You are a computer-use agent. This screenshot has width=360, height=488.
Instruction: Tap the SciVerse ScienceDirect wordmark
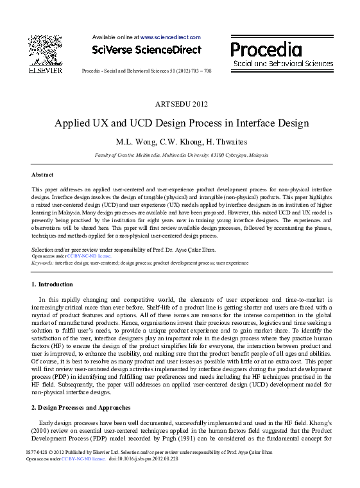[146, 50]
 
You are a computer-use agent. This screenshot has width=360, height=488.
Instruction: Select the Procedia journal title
[266, 49]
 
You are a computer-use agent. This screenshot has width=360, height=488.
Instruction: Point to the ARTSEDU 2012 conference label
[182, 103]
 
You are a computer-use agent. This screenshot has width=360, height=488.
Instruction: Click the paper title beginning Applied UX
[182, 123]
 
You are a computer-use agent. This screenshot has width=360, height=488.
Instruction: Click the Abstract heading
[42, 175]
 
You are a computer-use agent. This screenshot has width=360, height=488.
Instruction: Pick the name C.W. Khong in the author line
[173, 143]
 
